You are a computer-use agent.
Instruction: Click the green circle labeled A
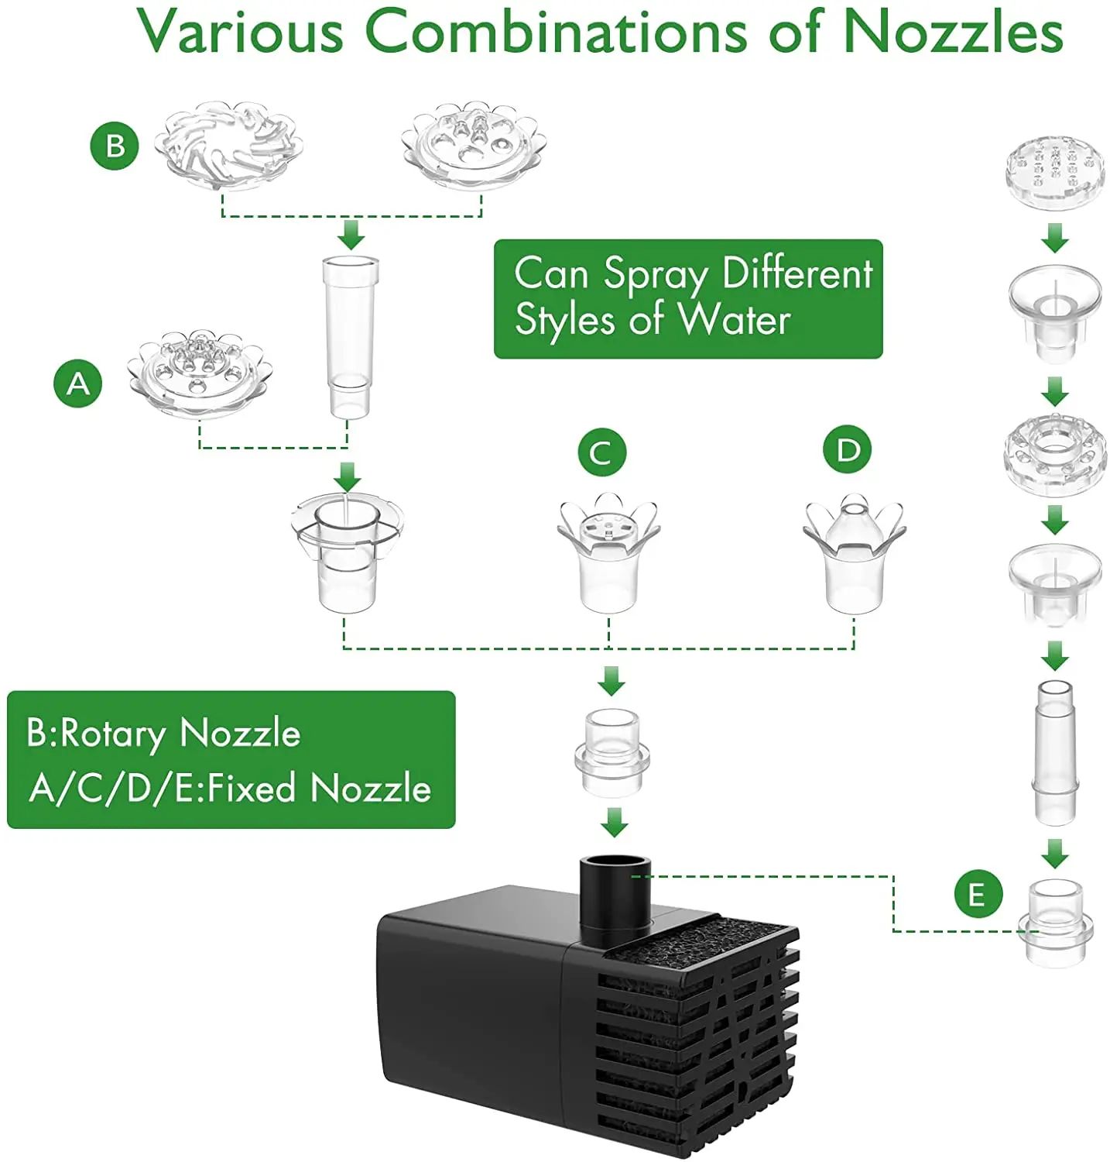78,383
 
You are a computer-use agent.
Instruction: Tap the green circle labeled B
115,146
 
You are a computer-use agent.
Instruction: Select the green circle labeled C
601,452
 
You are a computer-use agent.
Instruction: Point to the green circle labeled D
848,449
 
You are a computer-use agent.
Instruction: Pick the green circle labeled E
978,894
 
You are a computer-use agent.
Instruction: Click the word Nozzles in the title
953,33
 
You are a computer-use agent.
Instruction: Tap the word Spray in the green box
655,275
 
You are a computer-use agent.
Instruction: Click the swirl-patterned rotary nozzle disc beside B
228,145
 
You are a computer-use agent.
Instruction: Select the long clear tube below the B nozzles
350,336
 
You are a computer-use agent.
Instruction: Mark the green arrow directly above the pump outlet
614,823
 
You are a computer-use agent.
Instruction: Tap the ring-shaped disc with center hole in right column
1054,450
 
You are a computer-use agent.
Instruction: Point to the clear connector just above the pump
612,751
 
